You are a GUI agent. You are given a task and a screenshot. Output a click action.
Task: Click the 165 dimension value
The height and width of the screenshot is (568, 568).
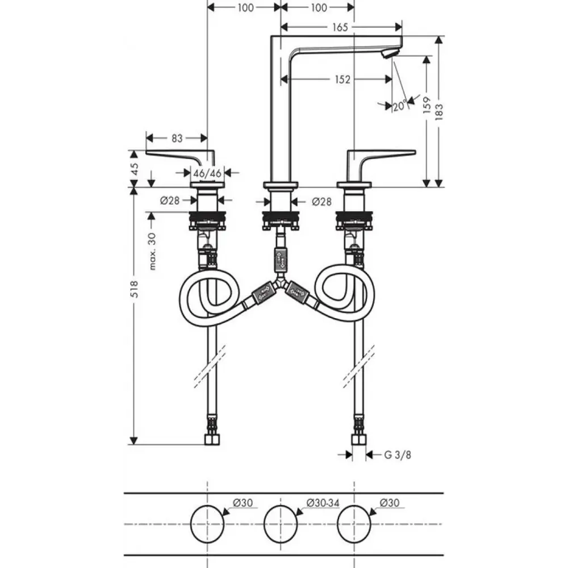(340, 27)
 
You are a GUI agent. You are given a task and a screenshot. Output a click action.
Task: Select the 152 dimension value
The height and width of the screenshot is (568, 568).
(343, 80)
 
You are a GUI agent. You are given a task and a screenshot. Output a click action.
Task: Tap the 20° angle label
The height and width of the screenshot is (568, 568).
(400, 106)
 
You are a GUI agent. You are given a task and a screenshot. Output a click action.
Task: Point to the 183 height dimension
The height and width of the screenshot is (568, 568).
(438, 112)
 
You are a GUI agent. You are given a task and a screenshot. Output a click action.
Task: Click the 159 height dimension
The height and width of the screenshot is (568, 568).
(427, 105)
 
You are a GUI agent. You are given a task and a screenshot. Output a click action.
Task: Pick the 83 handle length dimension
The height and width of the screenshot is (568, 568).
(177, 138)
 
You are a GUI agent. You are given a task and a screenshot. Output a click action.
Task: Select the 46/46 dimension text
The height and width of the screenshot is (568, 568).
(207, 173)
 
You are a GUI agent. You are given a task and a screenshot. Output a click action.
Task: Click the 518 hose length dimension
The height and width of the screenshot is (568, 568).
(134, 289)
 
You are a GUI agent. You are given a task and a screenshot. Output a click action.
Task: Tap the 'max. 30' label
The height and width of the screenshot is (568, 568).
(152, 252)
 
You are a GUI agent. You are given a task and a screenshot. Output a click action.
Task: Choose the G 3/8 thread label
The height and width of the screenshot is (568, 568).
(398, 454)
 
